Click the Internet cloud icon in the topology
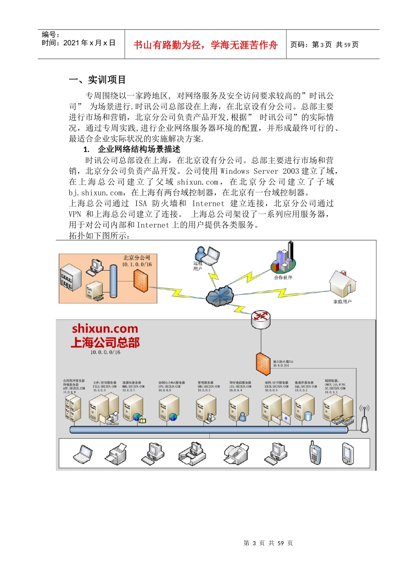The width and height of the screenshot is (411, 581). (x=220, y=296)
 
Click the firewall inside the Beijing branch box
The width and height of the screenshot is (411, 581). (x=141, y=281)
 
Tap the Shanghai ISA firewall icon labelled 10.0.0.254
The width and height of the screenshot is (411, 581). (x=263, y=364)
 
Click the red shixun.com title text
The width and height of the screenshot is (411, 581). (x=105, y=329)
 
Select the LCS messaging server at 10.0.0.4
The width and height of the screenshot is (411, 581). (x=239, y=409)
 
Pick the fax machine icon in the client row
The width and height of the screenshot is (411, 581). (x=236, y=454)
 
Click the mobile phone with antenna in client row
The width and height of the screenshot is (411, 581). (x=315, y=453)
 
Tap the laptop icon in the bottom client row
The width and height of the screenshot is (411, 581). (x=83, y=454)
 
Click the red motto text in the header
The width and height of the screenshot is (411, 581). (x=205, y=45)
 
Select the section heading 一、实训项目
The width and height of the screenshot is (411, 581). (x=97, y=80)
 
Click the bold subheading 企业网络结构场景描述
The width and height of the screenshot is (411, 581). (x=138, y=149)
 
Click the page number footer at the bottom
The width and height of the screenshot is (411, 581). (x=268, y=543)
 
